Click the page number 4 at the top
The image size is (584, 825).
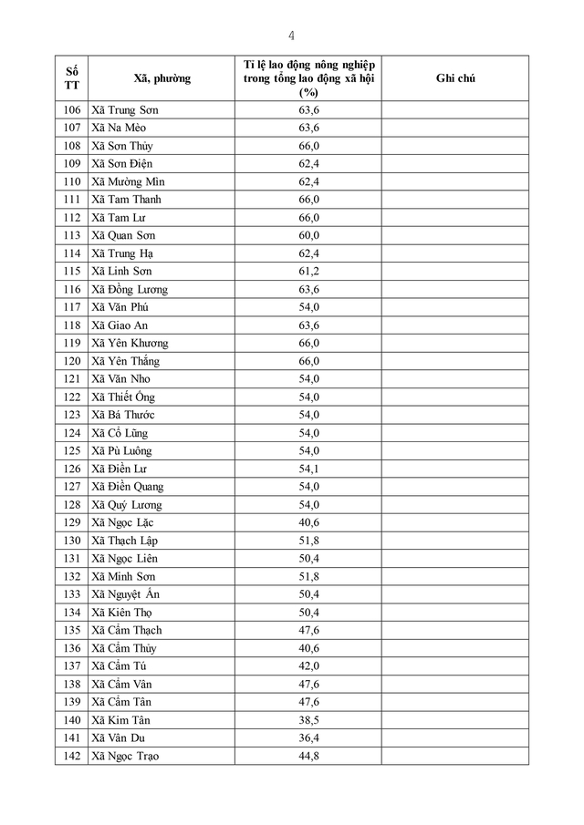click(291, 36)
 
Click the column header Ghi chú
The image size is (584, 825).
click(455, 78)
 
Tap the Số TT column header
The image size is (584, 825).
click(72, 78)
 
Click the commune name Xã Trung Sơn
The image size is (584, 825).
click(125, 110)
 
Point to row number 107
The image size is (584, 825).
click(72, 128)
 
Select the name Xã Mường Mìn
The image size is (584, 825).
click(128, 181)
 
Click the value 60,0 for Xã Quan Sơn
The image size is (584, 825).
click(308, 235)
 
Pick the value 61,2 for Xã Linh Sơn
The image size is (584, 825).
click(308, 271)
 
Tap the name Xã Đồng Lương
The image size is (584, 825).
click(130, 289)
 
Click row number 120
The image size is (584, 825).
click(72, 361)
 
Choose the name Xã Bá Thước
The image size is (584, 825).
click(123, 415)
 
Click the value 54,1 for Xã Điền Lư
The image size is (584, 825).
click(308, 469)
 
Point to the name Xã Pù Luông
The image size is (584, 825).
click(121, 450)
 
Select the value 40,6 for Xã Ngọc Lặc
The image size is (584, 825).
click(308, 522)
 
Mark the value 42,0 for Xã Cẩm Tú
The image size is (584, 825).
click(308, 665)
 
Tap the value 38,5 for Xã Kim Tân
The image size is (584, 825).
click(308, 719)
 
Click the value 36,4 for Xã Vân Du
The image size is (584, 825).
click(308, 737)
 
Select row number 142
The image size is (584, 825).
click(72, 756)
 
